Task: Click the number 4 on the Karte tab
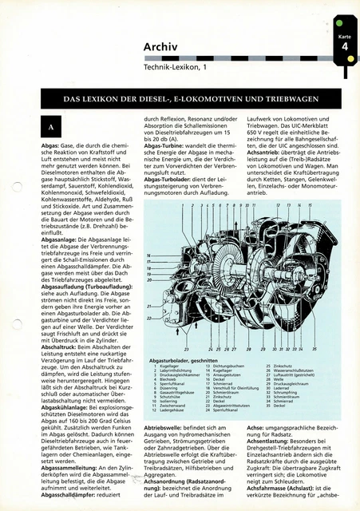[x=343, y=48]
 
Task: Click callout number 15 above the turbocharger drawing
[x=311, y=207]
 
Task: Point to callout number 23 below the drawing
[x=186, y=350]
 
